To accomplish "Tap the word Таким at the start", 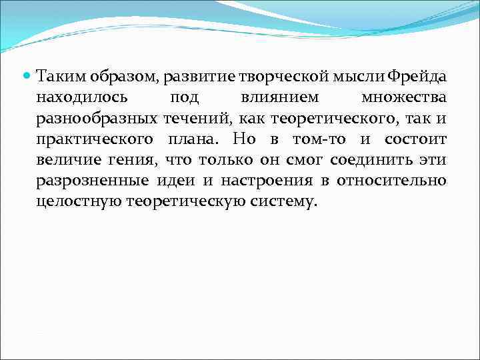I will tap(58, 77).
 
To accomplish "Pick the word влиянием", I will tap(279, 98).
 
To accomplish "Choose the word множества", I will tap(403, 98).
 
